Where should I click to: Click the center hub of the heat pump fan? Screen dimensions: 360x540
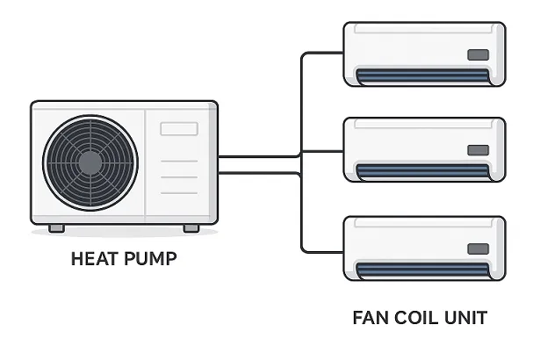[90, 162]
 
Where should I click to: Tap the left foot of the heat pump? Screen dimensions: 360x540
[56, 228]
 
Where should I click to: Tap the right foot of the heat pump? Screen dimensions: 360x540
[191, 228]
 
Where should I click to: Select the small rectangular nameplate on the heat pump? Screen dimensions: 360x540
[178, 128]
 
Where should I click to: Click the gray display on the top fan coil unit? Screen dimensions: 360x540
[478, 54]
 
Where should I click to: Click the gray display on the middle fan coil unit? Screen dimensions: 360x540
[478, 150]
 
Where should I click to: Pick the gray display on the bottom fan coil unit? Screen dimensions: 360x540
[478, 248]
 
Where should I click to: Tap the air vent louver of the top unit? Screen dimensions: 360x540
[423, 76]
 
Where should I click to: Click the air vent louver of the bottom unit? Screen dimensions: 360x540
[423, 270]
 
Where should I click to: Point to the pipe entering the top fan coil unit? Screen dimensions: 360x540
[323, 54]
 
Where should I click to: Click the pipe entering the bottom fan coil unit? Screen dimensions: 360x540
[323, 251]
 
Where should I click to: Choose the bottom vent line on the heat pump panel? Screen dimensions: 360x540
[178, 192]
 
